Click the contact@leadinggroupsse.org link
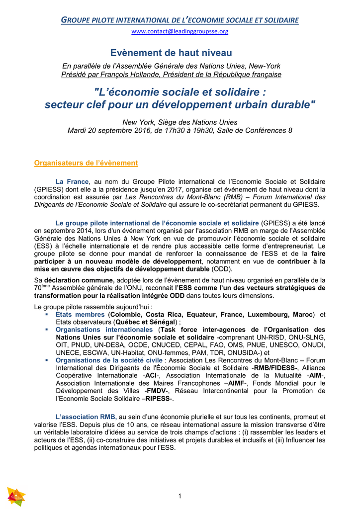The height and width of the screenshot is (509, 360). [180, 31]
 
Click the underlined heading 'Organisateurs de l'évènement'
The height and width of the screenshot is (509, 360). [86, 163]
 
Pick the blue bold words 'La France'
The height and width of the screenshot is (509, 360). [72, 181]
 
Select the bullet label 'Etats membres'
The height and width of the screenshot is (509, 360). [80, 315]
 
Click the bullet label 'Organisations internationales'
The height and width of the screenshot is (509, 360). [104, 330]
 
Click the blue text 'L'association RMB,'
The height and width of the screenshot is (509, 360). [86, 417]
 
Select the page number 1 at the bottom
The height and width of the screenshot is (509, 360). [180, 496]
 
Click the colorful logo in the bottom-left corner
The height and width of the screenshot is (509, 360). [16, 497]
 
